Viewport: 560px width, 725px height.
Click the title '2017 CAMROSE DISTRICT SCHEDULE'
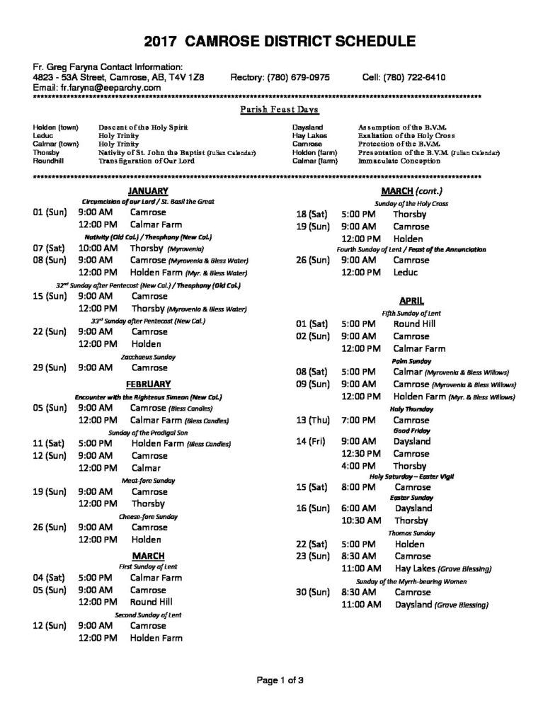pos(280,40)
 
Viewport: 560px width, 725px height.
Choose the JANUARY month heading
pos(148,190)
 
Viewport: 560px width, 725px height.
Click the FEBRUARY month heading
pos(148,384)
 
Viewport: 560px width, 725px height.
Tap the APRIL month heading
pos(411,300)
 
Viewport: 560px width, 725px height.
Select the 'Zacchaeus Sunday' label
pos(148,357)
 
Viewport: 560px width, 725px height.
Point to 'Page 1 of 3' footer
pos(280,681)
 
